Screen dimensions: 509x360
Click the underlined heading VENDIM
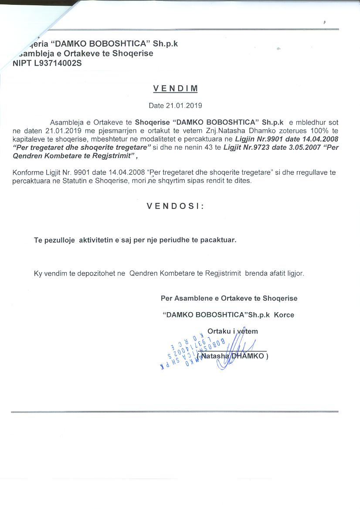pyautogui.click(x=175, y=88)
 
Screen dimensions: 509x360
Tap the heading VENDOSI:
pyautogui.click(x=175, y=206)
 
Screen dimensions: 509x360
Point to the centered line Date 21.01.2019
pyautogui.click(x=175, y=105)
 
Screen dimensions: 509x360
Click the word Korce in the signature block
pyautogui.click(x=284, y=314)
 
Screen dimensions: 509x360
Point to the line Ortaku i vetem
pyautogui.click(x=232, y=331)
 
